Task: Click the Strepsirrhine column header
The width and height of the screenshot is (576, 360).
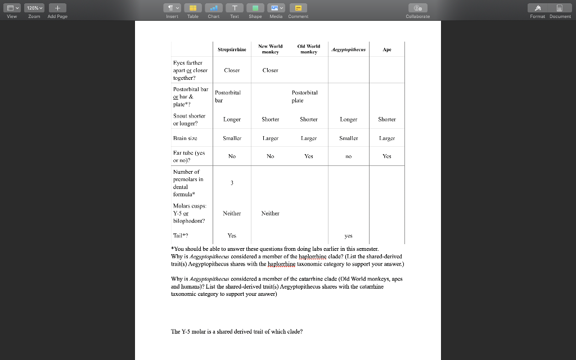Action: tap(232, 49)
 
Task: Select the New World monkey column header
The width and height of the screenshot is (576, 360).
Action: tap(271, 49)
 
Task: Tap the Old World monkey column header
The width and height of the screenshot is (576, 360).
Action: tap(308, 49)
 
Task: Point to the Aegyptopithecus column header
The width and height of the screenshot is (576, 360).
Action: tap(349, 49)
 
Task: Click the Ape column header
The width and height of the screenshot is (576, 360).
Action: tap(387, 49)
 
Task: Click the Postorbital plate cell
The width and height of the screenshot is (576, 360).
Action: tap(304, 96)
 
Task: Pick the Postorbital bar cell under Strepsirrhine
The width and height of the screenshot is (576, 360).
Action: tap(228, 96)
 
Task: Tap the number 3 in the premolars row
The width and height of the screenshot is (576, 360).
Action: tap(232, 183)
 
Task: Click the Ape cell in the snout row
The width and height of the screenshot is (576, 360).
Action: tap(387, 119)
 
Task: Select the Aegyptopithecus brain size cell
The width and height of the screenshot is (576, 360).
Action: tap(349, 138)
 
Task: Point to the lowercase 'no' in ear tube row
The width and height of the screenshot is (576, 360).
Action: tap(349, 156)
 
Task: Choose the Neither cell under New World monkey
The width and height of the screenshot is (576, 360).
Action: tap(271, 213)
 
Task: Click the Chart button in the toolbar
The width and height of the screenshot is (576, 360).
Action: tap(214, 10)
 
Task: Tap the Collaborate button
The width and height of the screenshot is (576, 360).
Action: tap(417, 10)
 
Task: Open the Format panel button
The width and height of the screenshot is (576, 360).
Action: tap(538, 10)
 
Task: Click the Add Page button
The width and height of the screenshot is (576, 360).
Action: tap(57, 10)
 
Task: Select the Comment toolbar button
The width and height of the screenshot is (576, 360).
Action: tap(298, 10)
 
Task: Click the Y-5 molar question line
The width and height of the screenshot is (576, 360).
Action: tap(237, 331)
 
